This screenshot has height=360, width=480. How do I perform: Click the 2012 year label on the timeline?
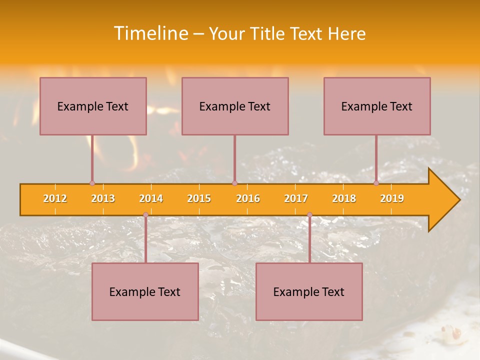click(55, 198)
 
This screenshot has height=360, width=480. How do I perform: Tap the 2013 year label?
click(103, 198)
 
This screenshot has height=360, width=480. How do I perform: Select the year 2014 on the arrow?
click(151, 198)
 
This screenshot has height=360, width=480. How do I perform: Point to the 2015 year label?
click(199, 198)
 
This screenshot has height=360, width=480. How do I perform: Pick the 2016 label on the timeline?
click(248, 198)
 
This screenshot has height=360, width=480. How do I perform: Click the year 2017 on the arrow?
click(296, 198)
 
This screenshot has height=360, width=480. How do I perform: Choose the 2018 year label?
click(344, 198)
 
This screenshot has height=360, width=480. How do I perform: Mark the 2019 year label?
click(392, 198)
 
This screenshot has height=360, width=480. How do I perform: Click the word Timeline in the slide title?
click(150, 33)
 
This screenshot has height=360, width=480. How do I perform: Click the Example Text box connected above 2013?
click(93, 106)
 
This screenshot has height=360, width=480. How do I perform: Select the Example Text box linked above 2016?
click(235, 106)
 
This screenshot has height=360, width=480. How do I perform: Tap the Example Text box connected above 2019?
click(377, 106)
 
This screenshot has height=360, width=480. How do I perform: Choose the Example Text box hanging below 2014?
click(145, 291)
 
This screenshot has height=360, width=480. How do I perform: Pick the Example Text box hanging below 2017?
click(309, 291)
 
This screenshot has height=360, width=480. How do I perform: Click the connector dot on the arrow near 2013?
click(92, 183)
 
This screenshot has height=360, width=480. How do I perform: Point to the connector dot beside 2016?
click(234, 183)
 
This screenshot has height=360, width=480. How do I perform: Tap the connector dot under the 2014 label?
click(145, 215)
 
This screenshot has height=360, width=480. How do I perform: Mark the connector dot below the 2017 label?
click(309, 215)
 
